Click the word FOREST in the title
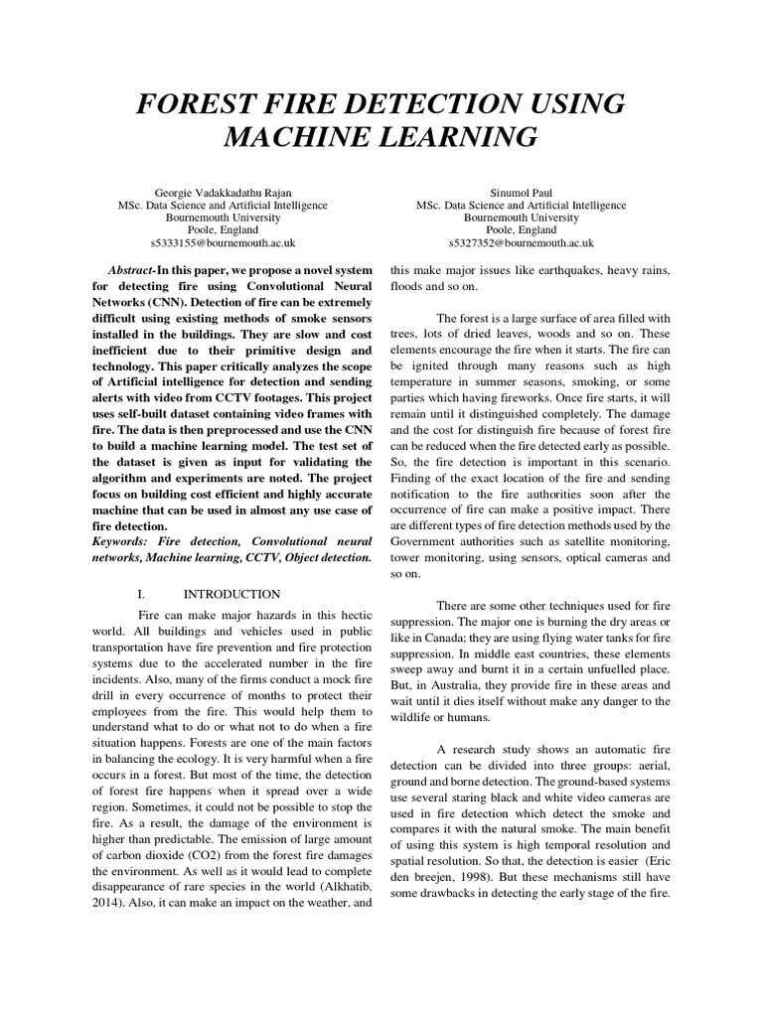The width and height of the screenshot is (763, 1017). click(188, 104)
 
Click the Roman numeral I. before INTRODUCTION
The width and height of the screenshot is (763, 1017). click(143, 593)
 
